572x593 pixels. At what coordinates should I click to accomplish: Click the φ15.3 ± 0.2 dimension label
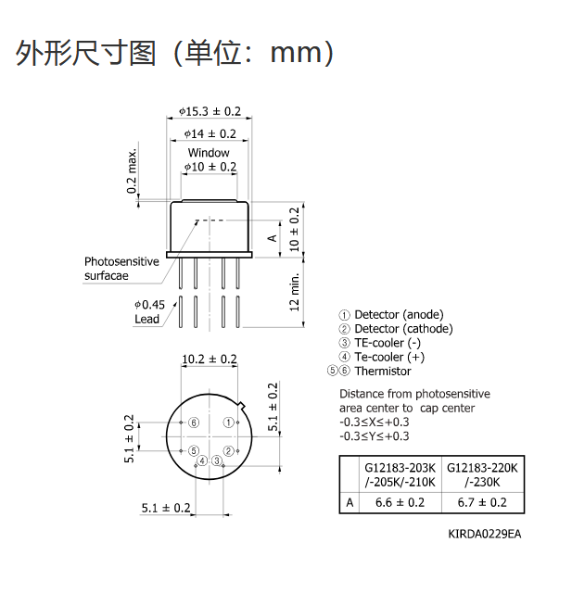click(x=210, y=111)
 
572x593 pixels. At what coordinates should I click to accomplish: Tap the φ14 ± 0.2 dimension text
click(x=210, y=133)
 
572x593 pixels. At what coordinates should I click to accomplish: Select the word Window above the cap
click(x=209, y=153)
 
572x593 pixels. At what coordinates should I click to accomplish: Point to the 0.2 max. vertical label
click(x=132, y=170)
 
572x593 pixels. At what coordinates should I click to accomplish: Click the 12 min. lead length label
click(x=294, y=293)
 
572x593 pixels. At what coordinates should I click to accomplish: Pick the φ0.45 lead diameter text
click(x=150, y=305)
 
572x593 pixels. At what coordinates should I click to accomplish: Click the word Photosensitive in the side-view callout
click(x=121, y=261)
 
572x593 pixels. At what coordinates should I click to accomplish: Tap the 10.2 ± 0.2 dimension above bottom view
click(x=210, y=360)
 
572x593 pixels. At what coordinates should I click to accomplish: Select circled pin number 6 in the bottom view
click(x=194, y=423)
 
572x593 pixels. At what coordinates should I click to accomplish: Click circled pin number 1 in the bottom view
click(x=228, y=423)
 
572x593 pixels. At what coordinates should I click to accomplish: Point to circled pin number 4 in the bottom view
click(x=202, y=461)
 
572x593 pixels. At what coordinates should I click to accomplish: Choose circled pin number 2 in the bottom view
click(x=228, y=451)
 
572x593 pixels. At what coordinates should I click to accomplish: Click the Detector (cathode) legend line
click(x=396, y=329)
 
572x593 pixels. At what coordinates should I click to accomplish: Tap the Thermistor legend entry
click(x=369, y=371)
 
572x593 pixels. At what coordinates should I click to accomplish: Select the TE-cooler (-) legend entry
click(x=380, y=343)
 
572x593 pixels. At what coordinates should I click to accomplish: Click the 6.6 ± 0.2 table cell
click(x=400, y=502)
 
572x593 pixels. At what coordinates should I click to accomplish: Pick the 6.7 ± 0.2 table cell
click(x=482, y=502)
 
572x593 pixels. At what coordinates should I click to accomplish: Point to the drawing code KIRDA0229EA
click(x=485, y=534)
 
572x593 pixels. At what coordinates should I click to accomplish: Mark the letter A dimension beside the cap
click(x=272, y=238)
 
